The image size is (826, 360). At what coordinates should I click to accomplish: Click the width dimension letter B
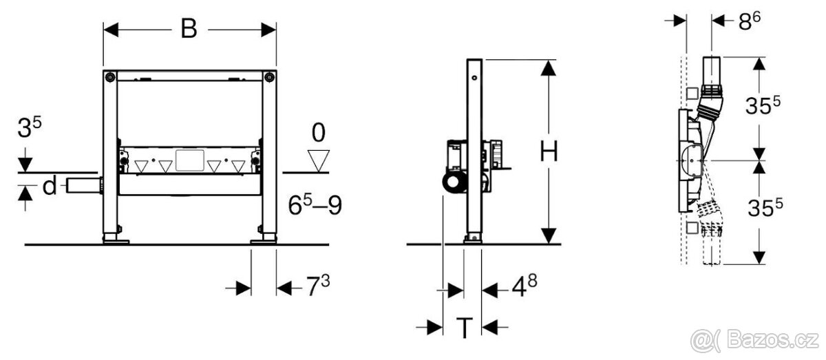click(189, 29)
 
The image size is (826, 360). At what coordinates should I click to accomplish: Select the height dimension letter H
click(549, 151)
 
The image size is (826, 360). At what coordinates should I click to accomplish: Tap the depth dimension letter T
click(464, 328)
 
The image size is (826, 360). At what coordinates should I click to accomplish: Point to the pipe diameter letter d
click(50, 185)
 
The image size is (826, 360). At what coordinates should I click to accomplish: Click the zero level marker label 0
click(319, 132)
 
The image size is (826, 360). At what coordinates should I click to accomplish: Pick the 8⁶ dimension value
click(750, 21)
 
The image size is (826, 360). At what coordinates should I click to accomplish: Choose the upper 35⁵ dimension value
click(763, 105)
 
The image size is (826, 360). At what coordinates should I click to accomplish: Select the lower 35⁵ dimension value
click(765, 208)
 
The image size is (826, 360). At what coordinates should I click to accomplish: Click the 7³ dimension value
click(318, 286)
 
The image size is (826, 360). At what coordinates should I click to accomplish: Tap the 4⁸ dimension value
click(525, 286)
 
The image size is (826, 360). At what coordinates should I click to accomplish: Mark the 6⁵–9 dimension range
click(315, 204)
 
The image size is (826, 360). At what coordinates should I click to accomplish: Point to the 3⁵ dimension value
click(30, 127)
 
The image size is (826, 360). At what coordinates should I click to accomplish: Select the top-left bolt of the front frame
click(109, 78)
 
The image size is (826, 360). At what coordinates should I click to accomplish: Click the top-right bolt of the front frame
click(270, 78)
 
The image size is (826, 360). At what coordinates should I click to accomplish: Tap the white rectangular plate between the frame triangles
click(190, 160)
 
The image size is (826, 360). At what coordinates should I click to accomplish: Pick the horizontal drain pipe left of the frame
click(84, 186)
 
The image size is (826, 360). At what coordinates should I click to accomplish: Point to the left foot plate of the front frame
click(116, 242)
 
